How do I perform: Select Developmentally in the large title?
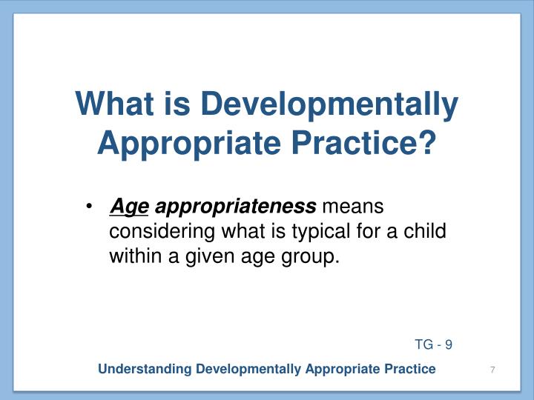coord(331,104)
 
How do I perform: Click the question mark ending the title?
coord(427,142)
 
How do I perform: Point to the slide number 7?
coord(492,370)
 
